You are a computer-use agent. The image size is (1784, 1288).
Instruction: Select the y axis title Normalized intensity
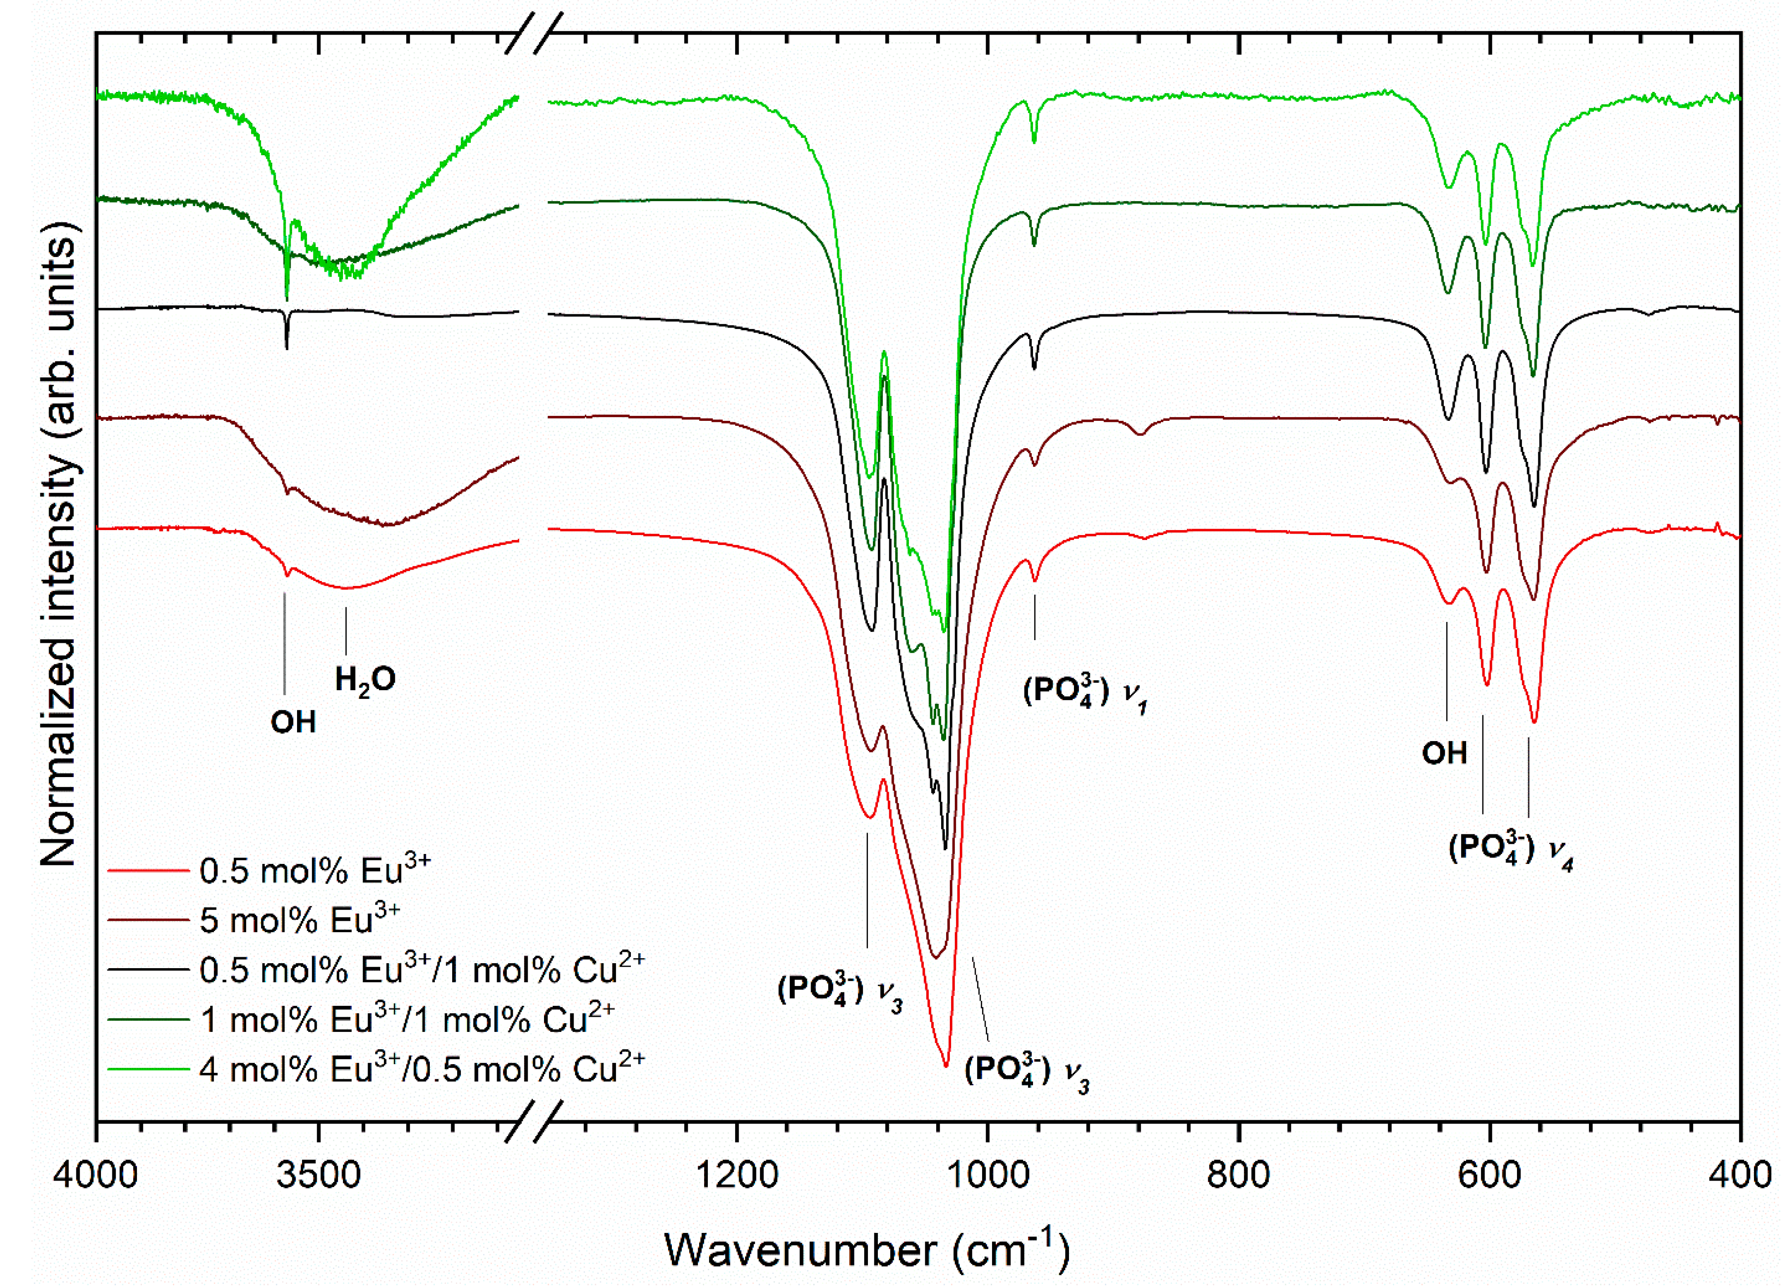tap(59, 543)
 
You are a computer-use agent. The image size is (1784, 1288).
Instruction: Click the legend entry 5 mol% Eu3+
tap(299, 920)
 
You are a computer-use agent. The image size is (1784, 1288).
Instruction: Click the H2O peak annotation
tap(365, 679)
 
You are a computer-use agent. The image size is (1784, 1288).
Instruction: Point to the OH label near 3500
tap(292, 722)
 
